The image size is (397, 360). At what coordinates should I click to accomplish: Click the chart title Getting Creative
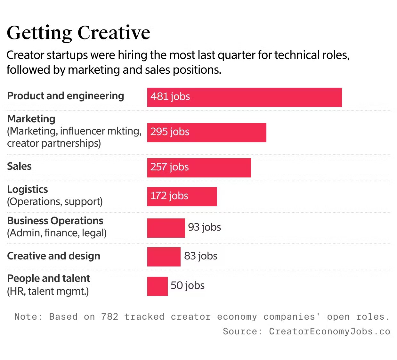[x=78, y=33]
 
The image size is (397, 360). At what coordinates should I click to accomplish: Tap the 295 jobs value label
[x=170, y=132]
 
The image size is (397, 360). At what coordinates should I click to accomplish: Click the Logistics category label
[x=28, y=189]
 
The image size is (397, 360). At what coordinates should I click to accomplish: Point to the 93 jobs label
[x=204, y=227]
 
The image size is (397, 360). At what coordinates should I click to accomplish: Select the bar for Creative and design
[x=164, y=257]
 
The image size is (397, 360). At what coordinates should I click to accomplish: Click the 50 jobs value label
[x=187, y=286]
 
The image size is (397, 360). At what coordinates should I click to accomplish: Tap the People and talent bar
[x=157, y=286]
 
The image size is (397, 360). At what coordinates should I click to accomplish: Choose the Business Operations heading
[x=55, y=221]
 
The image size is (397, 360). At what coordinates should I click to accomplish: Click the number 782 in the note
[x=109, y=317]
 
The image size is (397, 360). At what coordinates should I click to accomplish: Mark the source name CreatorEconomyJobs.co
[x=329, y=331]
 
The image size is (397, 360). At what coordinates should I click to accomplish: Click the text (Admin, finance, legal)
[x=57, y=233]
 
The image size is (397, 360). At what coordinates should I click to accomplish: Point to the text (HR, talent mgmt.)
[x=48, y=291]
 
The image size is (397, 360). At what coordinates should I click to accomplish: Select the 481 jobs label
[x=170, y=97]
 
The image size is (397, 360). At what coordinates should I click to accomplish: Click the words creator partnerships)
[x=54, y=143]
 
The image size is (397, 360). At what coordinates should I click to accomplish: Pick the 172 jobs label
[x=169, y=196]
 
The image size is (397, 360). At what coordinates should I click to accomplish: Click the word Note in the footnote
[x=26, y=317]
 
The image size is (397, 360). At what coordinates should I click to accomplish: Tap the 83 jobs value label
[x=200, y=256]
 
